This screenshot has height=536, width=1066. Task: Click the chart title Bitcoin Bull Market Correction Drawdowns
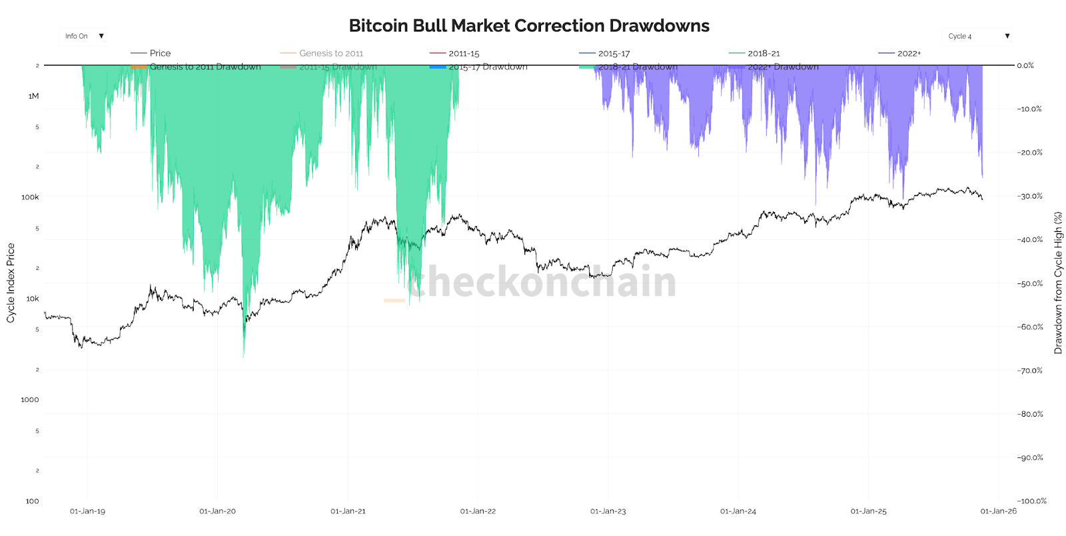click(529, 26)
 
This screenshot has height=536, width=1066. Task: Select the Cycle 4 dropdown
click(978, 36)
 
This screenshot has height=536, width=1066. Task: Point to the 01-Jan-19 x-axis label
click(87, 511)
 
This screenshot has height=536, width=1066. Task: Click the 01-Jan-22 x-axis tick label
click(478, 511)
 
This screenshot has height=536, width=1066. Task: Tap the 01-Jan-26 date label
click(998, 511)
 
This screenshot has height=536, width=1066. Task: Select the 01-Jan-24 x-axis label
click(738, 511)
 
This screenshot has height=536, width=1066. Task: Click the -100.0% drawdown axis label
click(1032, 501)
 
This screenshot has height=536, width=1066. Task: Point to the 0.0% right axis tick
click(1025, 65)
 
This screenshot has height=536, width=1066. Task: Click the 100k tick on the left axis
click(30, 197)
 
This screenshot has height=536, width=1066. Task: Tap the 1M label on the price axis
click(33, 96)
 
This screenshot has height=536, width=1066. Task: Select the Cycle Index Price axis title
click(11, 283)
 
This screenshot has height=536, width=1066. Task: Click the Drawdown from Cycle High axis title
click(1058, 283)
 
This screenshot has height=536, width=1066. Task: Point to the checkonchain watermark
click(542, 281)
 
